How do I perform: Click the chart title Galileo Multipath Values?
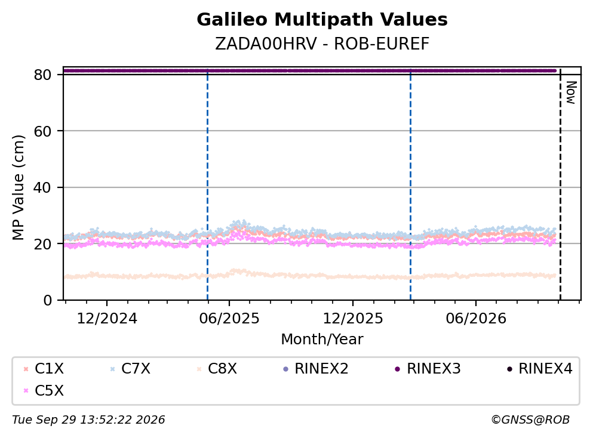click(322, 20)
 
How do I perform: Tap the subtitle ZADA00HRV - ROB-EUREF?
click(322, 44)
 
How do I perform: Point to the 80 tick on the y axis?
click(42, 75)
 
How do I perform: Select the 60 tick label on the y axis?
click(42, 131)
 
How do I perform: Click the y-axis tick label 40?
click(42, 187)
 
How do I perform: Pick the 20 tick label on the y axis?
click(42, 243)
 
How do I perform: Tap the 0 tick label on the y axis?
click(47, 300)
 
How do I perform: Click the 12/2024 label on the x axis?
click(107, 319)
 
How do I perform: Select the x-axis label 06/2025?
click(229, 319)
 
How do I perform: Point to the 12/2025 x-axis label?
click(353, 319)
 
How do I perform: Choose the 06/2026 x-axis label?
click(476, 319)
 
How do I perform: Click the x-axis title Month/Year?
click(322, 340)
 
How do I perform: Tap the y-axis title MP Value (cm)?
click(18, 187)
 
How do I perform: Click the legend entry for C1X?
click(44, 368)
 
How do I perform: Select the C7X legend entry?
click(130, 368)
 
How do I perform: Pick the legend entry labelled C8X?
click(217, 368)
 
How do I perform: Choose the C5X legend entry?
click(44, 390)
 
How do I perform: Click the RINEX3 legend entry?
click(428, 368)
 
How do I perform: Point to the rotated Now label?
click(571, 92)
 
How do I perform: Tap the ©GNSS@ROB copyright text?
click(530, 420)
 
